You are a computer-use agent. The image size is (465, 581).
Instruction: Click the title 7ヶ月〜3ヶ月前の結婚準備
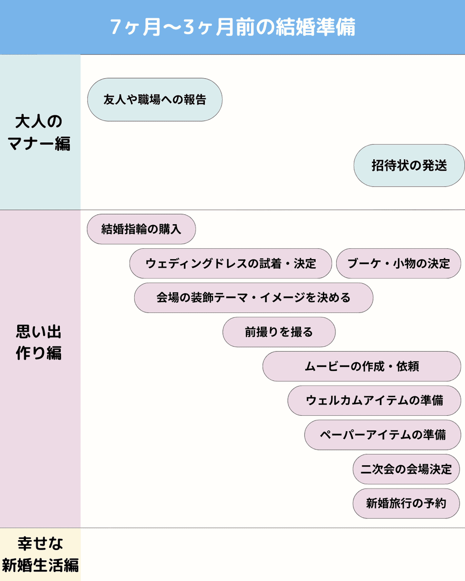[232, 27]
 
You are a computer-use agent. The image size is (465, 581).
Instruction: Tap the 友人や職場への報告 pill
[155, 100]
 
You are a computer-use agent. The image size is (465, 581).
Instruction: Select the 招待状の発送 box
[409, 166]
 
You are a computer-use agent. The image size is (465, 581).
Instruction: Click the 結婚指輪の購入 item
[141, 229]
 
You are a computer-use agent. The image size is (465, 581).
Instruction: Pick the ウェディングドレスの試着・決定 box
[231, 263]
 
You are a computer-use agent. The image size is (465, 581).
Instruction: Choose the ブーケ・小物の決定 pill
[399, 263]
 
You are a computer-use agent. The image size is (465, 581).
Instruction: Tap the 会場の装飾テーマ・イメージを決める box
[253, 298]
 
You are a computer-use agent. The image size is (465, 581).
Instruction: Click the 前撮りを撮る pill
[279, 332]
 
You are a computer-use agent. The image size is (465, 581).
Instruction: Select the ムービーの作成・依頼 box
[361, 366]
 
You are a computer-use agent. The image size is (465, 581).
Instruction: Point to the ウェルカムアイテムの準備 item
[374, 400]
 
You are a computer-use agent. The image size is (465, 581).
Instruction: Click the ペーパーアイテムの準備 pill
[382, 435]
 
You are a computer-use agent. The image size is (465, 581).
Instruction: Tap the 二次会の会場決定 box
[406, 469]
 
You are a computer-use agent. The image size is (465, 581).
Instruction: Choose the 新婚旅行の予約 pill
[406, 503]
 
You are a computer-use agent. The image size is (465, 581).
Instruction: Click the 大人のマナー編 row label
[40, 133]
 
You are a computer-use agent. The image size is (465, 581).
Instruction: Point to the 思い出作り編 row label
[39, 342]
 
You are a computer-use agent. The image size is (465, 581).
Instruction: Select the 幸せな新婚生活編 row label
[40, 554]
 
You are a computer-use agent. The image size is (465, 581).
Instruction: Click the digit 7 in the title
[116, 27]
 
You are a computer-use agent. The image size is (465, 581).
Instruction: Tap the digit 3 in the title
[189, 27]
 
